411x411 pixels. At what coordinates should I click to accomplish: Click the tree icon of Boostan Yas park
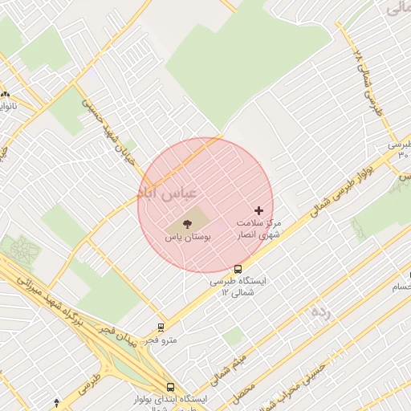pyautogui.click(x=187, y=223)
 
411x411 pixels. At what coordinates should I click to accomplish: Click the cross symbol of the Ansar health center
pyautogui.click(x=258, y=210)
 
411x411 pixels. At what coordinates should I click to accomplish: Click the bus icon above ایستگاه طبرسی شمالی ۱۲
pyautogui.click(x=238, y=269)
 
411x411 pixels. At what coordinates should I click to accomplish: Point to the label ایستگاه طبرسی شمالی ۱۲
pyautogui.click(x=238, y=287)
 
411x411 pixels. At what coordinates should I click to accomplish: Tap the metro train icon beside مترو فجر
pyautogui.click(x=161, y=328)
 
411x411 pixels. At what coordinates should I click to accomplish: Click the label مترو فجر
pyautogui.click(x=161, y=340)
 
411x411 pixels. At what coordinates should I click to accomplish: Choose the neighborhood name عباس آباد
pyautogui.click(x=160, y=193)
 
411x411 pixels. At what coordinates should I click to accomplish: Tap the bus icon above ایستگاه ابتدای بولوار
pyautogui.click(x=170, y=386)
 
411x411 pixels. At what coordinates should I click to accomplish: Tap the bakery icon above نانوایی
pyautogui.click(x=5, y=94)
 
